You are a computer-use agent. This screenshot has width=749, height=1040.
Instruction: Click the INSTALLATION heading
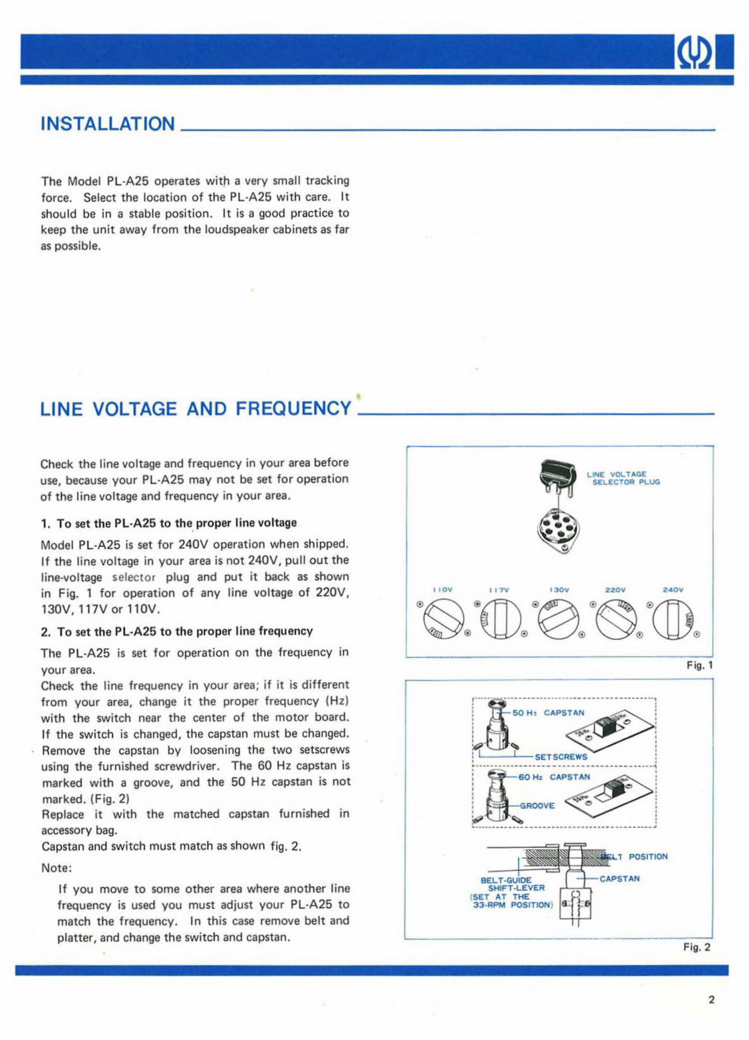(108, 124)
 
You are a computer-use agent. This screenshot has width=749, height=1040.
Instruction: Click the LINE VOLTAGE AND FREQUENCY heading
(196, 408)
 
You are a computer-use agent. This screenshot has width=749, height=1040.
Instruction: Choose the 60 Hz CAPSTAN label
(554, 777)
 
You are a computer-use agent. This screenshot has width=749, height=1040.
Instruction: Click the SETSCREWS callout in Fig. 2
(561, 757)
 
